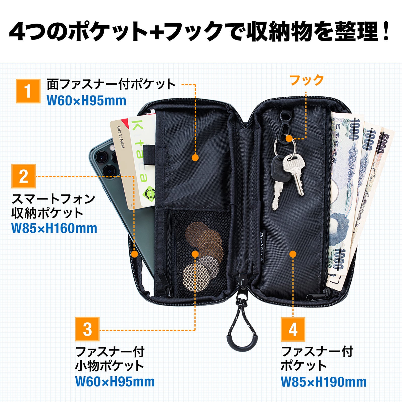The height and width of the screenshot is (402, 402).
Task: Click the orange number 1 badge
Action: [28, 91]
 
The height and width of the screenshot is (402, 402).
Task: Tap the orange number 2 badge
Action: [24, 176]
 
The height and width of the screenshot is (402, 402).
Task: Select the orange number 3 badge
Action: [87, 329]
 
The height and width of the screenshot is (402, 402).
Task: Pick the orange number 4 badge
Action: [293, 329]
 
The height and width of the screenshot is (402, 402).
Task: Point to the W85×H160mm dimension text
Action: [54, 228]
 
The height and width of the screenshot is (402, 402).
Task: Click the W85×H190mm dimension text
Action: [324, 382]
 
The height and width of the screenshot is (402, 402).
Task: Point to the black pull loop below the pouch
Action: [242, 334]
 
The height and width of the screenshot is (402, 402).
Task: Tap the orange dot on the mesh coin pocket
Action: [195, 254]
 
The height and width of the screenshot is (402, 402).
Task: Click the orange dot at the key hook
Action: [289, 138]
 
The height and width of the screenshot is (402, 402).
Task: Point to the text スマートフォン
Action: [54, 199]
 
